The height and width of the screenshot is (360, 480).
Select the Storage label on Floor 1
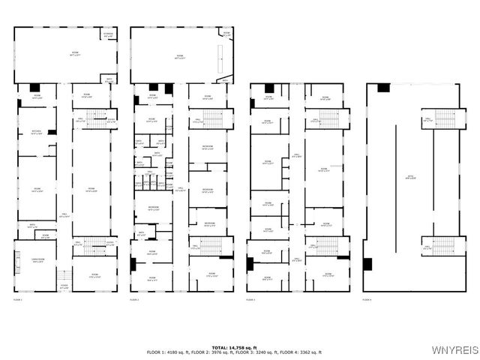pos(109,34)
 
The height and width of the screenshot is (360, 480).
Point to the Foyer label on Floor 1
pos(64,287)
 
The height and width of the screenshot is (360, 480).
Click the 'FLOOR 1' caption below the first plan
pos(18,299)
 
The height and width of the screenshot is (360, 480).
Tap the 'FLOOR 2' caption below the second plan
pos(134,299)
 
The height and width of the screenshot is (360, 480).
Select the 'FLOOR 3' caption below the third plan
pos(250,299)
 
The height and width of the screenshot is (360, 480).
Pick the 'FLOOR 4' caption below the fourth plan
pos(367,299)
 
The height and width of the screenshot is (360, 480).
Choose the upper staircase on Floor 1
pos(96,118)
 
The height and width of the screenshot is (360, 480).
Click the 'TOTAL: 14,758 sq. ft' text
pos(240,348)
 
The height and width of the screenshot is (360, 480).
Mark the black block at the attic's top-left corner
pos(383,88)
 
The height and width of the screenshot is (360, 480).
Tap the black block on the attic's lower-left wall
pos(367,264)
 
